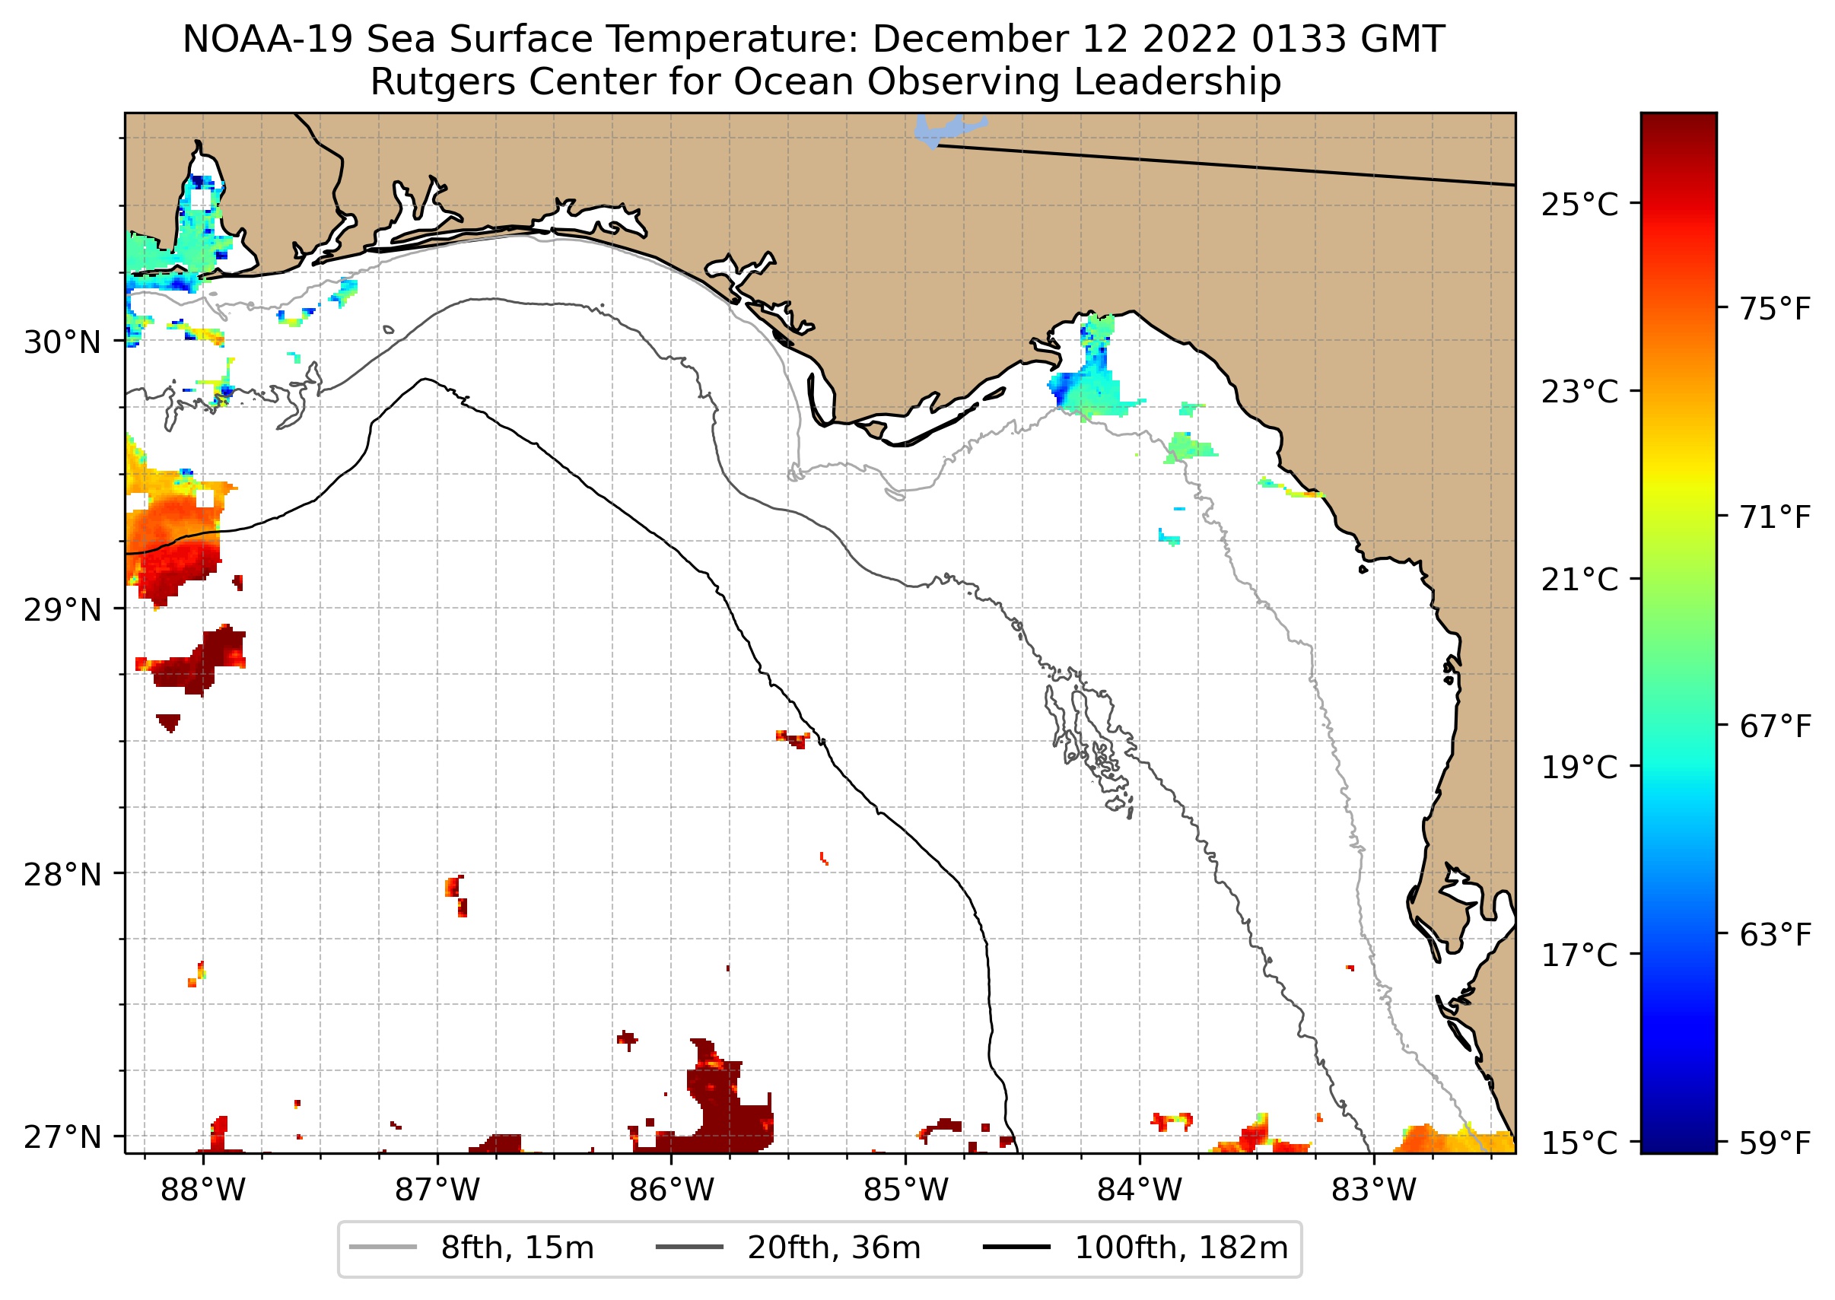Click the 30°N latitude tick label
click(x=62, y=342)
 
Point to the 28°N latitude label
click(x=62, y=875)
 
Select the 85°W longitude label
click(x=905, y=1190)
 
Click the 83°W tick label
click(x=1374, y=1190)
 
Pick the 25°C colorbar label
click(x=1579, y=205)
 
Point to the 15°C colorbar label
click(x=1579, y=1143)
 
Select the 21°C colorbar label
click(x=1579, y=580)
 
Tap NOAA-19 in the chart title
click(x=267, y=40)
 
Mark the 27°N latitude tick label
click(x=62, y=1137)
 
